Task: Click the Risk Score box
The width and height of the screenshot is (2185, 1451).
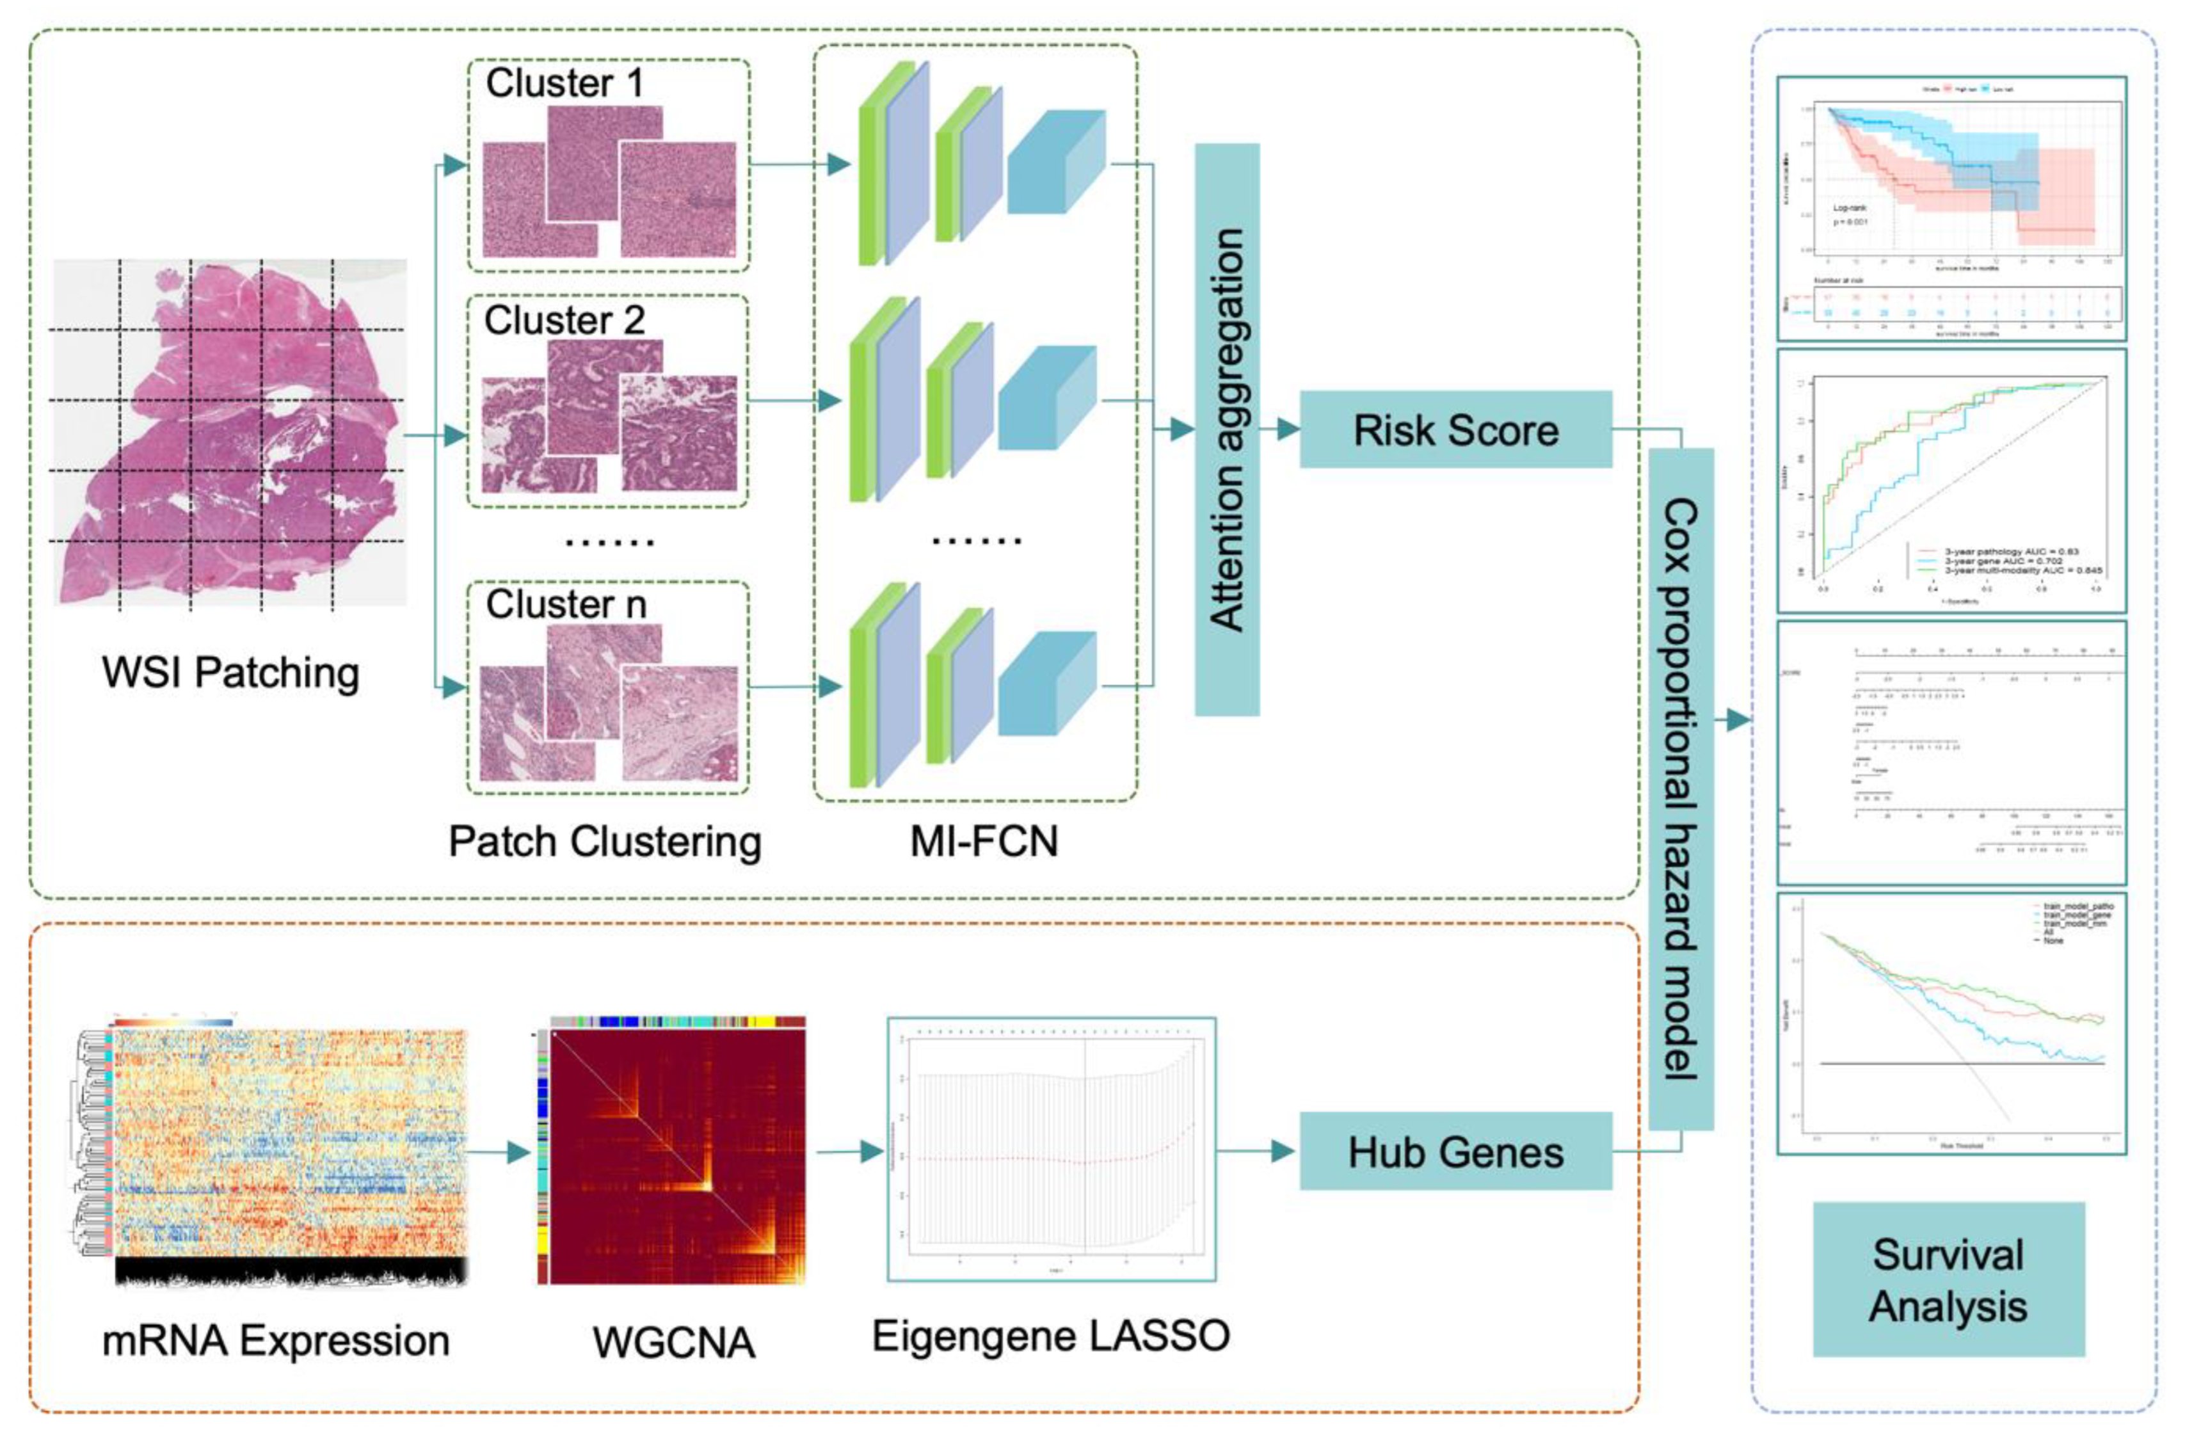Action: point(1455,429)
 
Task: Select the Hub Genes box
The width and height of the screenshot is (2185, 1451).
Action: point(1455,1151)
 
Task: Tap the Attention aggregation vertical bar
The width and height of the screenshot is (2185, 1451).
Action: point(1227,429)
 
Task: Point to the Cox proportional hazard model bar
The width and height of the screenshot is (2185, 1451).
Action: point(1681,789)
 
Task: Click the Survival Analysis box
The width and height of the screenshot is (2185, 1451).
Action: point(1948,1280)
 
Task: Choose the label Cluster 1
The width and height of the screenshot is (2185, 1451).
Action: point(564,83)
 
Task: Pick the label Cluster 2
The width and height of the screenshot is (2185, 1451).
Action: point(564,320)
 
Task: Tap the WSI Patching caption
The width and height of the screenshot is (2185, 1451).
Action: point(230,673)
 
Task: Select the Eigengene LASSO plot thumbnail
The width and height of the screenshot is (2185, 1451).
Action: point(1051,1150)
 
